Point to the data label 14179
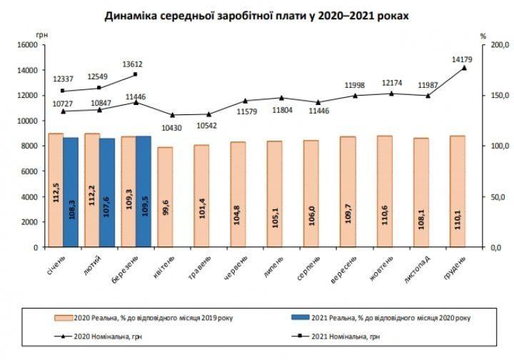tap(464, 59)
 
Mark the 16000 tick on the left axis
tap(26, 44)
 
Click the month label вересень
tap(348, 266)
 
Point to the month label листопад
tap(420, 266)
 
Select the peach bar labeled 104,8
tap(238, 194)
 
